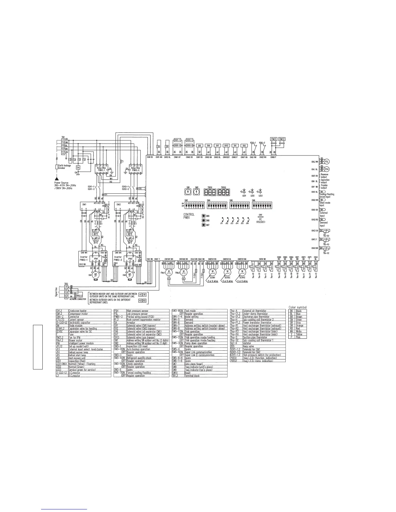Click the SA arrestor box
78,167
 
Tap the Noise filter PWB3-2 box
134,169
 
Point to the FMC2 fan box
282,139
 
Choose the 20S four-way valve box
200,146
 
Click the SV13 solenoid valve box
226,146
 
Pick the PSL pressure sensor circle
327,161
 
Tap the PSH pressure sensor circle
327,169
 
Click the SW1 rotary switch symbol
188,192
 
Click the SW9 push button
203,216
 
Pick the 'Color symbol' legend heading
297,307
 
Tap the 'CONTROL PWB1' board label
189,216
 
